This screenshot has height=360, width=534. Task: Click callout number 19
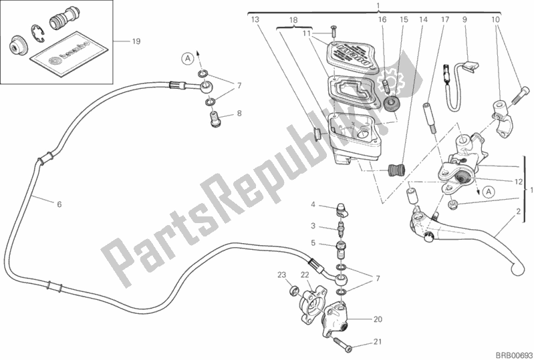[x=136, y=42]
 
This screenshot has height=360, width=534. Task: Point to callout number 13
[x=255, y=20]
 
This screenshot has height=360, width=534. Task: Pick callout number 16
[x=383, y=20]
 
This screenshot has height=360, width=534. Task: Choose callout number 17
[x=444, y=20]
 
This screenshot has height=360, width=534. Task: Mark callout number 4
[x=312, y=204]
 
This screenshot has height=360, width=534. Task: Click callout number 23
[x=283, y=275]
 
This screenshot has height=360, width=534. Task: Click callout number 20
[x=377, y=318]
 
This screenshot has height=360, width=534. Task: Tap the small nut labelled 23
[x=293, y=291]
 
